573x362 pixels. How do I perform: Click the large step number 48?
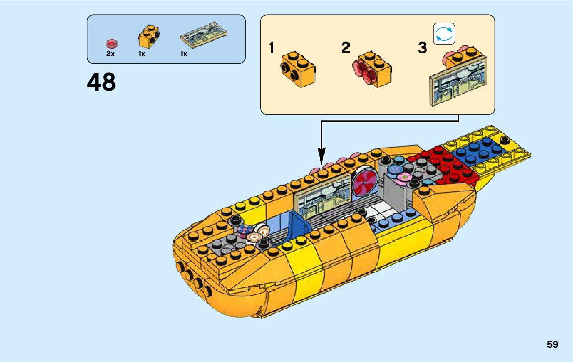(102, 82)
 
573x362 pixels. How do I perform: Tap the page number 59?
(552, 344)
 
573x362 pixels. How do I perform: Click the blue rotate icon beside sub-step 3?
(443, 34)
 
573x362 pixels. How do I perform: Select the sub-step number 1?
(272, 49)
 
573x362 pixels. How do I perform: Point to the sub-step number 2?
(346, 49)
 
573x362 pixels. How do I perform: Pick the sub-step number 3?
(422, 49)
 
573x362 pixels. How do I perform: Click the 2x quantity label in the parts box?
(110, 54)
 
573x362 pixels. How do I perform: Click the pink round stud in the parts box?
(110, 43)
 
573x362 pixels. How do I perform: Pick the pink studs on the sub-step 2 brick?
(363, 70)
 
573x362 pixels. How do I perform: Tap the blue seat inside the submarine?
(298, 225)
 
